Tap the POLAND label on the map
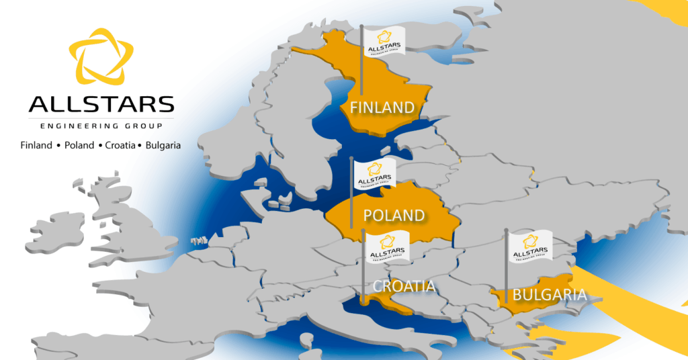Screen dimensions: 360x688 point(394,216)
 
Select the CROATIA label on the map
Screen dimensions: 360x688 point(404,287)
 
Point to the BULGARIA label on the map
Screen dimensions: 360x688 point(549,294)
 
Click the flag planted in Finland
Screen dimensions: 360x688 point(384,41)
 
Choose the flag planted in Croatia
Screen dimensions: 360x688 point(387,246)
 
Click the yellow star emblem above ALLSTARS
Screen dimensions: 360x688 point(101,60)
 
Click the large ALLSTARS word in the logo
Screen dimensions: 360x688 point(101,105)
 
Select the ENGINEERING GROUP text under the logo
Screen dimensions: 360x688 point(101,126)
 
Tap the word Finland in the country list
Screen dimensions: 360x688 point(36,145)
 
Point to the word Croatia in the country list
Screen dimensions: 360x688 point(120,145)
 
